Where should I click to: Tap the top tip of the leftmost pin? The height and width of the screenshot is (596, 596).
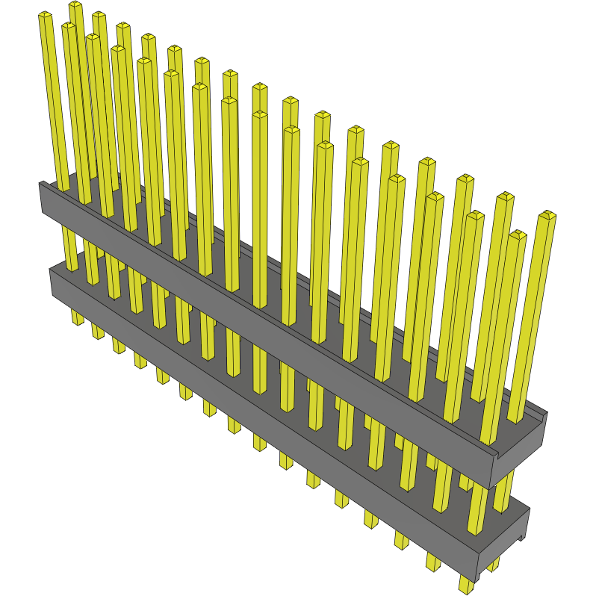(x=45, y=16)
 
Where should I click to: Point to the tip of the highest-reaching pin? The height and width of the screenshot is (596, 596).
(x=75, y=5)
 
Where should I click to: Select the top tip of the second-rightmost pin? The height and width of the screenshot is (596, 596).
(x=517, y=235)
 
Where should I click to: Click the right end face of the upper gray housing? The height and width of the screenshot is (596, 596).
(x=518, y=448)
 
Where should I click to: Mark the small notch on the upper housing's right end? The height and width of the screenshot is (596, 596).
(x=497, y=451)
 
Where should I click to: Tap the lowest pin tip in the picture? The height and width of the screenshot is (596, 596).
(x=466, y=587)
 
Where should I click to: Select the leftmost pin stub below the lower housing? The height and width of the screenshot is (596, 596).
(x=78, y=318)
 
